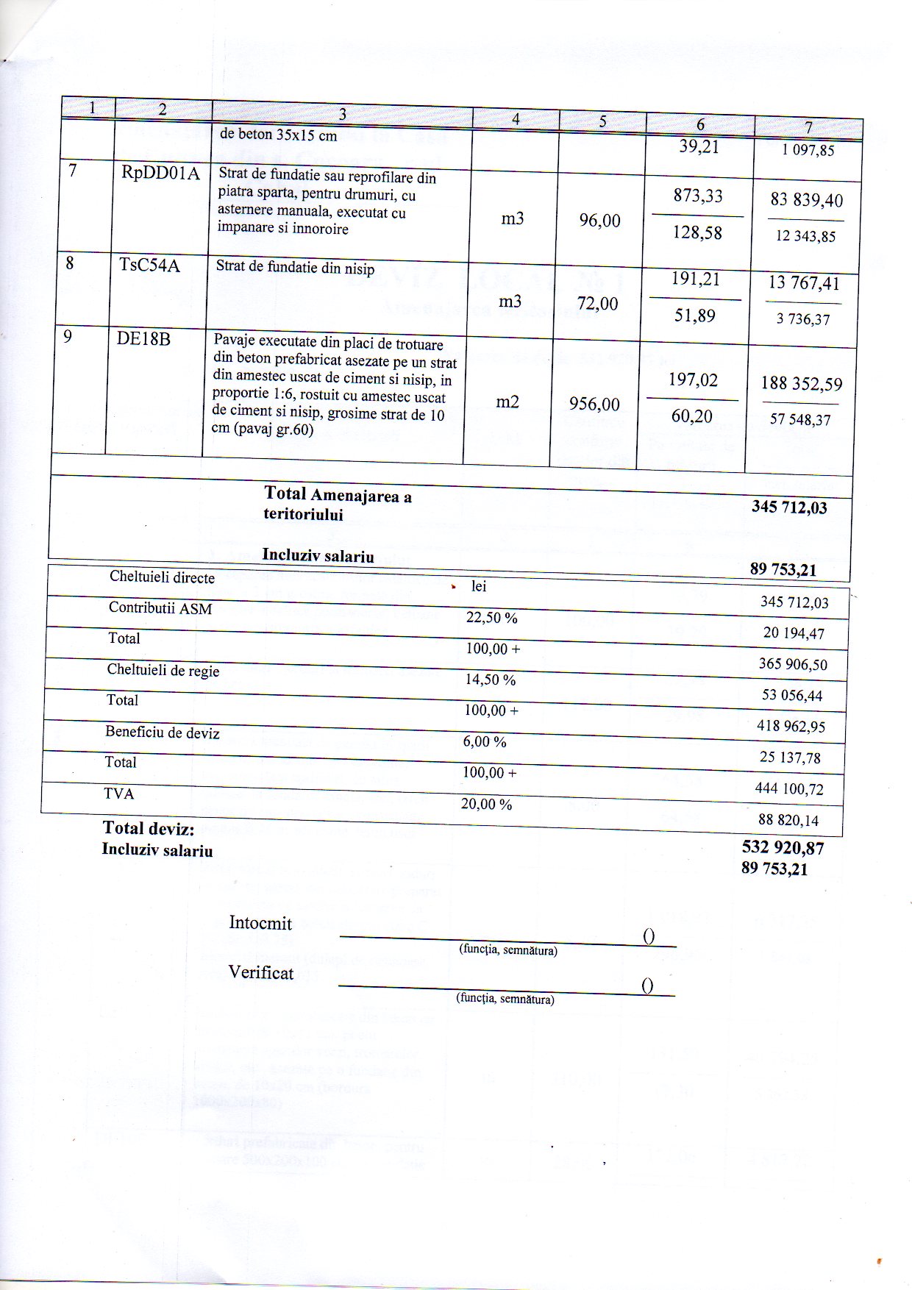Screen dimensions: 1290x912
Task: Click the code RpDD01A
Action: tap(160, 174)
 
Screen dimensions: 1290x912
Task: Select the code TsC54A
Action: tap(149, 265)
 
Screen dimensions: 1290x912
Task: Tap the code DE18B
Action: tap(143, 339)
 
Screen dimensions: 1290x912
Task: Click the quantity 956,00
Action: tap(594, 404)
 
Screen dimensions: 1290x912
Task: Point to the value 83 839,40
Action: tap(806, 200)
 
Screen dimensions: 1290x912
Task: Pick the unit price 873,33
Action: tap(698, 196)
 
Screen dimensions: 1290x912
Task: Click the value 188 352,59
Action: tap(802, 384)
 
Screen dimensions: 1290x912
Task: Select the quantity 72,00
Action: tap(597, 303)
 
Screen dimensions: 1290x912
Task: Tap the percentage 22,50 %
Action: tap(491, 618)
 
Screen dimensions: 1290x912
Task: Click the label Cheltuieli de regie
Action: tap(163, 670)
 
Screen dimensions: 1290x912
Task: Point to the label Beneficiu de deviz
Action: tap(163, 733)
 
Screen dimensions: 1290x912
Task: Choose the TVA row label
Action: tap(119, 794)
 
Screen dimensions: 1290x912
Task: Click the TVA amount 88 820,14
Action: tap(788, 820)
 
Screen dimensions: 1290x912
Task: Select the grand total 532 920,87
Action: tap(783, 848)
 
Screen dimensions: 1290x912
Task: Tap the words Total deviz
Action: tap(149, 829)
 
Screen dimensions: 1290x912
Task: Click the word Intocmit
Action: tap(260, 923)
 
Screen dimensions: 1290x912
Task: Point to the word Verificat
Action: tap(260, 973)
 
